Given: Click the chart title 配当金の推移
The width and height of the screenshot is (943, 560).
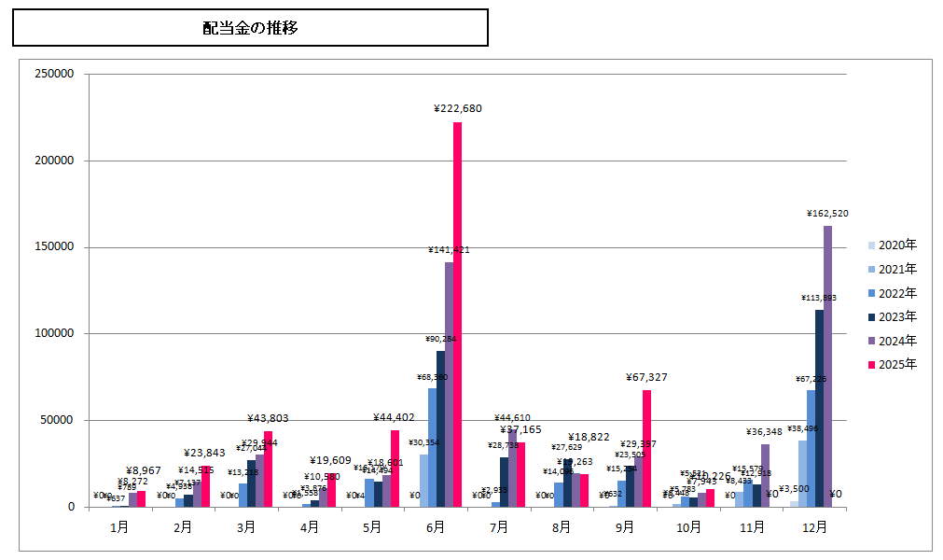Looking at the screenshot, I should [x=250, y=28].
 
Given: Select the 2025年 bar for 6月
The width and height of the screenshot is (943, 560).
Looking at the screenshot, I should [x=457, y=314].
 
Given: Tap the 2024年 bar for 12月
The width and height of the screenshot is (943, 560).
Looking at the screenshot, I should [x=827, y=366].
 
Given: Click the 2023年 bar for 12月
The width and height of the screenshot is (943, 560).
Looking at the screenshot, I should [x=819, y=408].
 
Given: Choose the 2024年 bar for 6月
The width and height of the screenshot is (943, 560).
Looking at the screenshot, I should [x=449, y=385].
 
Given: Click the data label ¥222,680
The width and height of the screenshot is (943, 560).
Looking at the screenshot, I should [x=457, y=109].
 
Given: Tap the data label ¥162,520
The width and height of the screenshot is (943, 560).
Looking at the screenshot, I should [x=827, y=214].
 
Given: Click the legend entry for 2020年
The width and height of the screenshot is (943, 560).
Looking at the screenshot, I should [x=892, y=245].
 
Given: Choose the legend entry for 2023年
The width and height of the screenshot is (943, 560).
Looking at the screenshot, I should [x=892, y=316].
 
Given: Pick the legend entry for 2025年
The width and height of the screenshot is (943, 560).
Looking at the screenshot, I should [x=892, y=364].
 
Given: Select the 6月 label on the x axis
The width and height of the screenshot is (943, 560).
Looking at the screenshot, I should [x=436, y=527].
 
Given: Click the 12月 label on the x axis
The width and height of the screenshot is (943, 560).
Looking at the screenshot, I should [x=814, y=527].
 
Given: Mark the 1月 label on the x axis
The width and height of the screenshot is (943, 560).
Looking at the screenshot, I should [x=119, y=527].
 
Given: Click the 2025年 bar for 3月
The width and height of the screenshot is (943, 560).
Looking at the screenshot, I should [x=268, y=469].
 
